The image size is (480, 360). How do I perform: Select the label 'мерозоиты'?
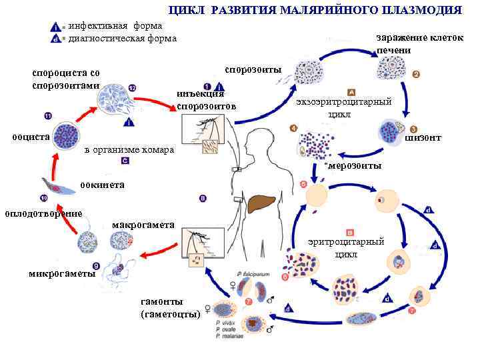pyautogui.click(x=355, y=165)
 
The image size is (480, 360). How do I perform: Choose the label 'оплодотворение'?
pyautogui.click(x=43, y=213)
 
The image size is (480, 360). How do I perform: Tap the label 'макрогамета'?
pyautogui.click(x=143, y=225)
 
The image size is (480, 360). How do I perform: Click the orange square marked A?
pyautogui.click(x=352, y=92)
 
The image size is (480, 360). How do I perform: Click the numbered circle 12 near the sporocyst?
pyautogui.click(x=132, y=88)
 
